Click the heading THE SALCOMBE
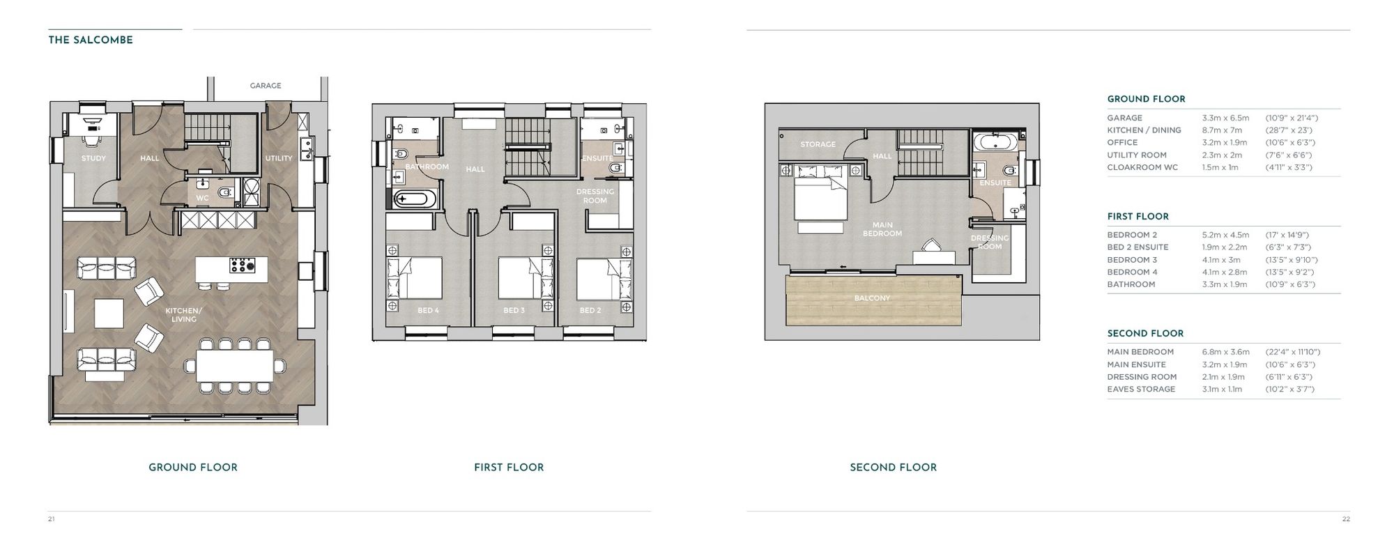tap(91, 40)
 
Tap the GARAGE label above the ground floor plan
tap(266, 86)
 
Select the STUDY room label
tap(94, 158)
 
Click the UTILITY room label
tap(279, 158)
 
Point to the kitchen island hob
tap(243, 266)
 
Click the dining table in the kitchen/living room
tap(235, 366)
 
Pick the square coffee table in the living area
tap(109, 313)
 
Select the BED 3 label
tap(514, 311)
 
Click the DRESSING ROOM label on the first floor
tap(595, 196)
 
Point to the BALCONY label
tap(872, 298)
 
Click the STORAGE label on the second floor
tap(818, 145)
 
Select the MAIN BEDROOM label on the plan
tap(882, 229)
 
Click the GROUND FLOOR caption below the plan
tap(193, 468)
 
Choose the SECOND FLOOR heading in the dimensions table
tap(1145, 334)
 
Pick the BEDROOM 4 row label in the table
tap(1132, 272)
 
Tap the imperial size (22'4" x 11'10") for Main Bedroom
tap(1293, 352)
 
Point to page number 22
tap(1345, 518)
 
